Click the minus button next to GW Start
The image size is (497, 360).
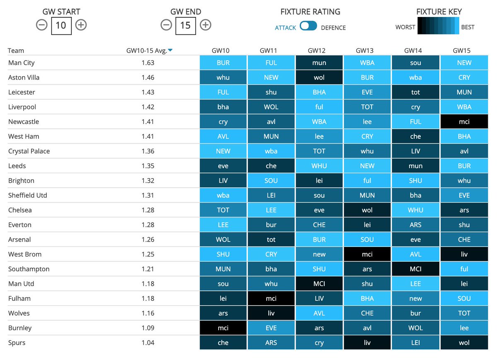tap(41, 25)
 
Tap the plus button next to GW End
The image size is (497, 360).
tap(205, 25)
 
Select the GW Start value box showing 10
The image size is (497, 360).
tap(61, 25)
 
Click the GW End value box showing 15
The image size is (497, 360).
tap(185, 25)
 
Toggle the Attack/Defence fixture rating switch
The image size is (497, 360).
tap(309, 26)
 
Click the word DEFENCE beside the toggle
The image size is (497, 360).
tap(333, 28)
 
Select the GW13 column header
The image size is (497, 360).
tap(367, 51)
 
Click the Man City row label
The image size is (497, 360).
tap(22, 63)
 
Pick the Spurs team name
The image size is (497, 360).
tap(17, 343)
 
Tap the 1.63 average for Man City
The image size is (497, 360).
tap(148, 63)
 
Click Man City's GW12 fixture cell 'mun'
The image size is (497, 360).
tap(319, 63)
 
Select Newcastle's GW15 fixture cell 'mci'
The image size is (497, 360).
tap(464, 122)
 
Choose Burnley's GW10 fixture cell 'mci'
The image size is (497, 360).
tap(223, 328)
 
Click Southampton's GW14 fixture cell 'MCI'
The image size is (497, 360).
tap(415, 269)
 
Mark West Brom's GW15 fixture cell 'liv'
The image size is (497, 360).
tap(464, 254)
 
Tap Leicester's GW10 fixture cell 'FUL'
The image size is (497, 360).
tap(223, 92)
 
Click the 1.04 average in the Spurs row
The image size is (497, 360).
tap(148, 343)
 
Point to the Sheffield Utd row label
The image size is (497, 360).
tap(28, 196)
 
